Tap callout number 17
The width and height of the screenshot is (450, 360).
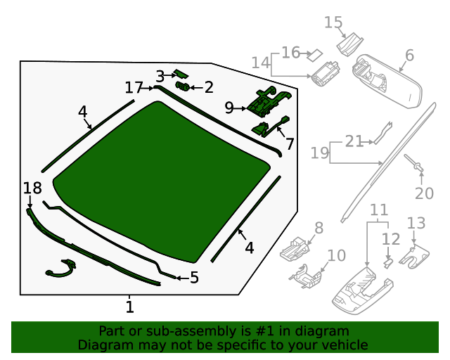(x=134, y=88)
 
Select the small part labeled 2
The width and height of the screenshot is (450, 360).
(x=183, y=86)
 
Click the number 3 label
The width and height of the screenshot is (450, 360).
(x=160, y=77)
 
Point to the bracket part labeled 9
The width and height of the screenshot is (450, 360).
(x=269, y=102)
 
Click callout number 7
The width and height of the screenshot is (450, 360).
(x=290, y=144)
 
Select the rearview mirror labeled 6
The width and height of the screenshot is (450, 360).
(x=387, y=81)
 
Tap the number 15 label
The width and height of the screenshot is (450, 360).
(x=333, y=22)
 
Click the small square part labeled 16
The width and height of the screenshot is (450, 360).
(x=314, y=55)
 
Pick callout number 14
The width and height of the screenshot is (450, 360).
(x=261, y=63)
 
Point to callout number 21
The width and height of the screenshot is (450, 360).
(x=354, y=141)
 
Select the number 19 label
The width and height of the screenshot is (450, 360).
(x=320, y=153)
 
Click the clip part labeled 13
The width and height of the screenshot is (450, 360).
(x=414, y=256)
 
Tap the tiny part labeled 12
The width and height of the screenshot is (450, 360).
(x=388, y=264)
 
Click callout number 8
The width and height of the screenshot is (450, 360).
(x=319, y=228)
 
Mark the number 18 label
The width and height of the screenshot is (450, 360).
(x=32, y=188)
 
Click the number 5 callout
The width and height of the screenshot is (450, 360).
(x=194, y=278)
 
